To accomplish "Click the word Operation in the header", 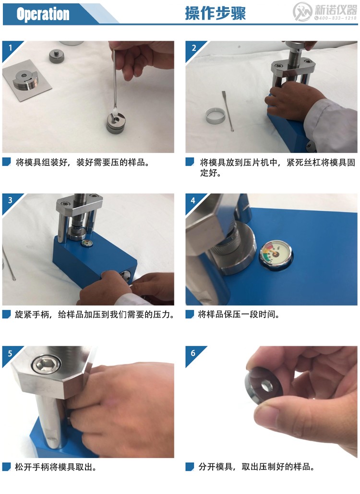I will pyautogui.click(x=43, y=14).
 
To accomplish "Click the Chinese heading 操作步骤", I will pyautogui.click(x=215, y=13).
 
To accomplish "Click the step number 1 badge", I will pyautogui.click(x=9, y=47).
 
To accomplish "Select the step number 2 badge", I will pyautogui.click(x=193, y=47).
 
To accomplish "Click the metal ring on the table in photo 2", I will pyautogui.click(x=214, y=115).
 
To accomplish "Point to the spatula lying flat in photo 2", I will pyautogui.click(x=227, y=110).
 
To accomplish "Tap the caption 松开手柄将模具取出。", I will pyautogui.click(x=58, y=467).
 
